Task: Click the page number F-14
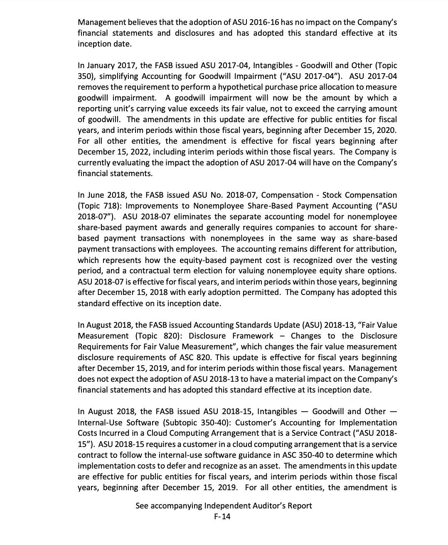click(x=222, y=516)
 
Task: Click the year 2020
click(x=385, y=130)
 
